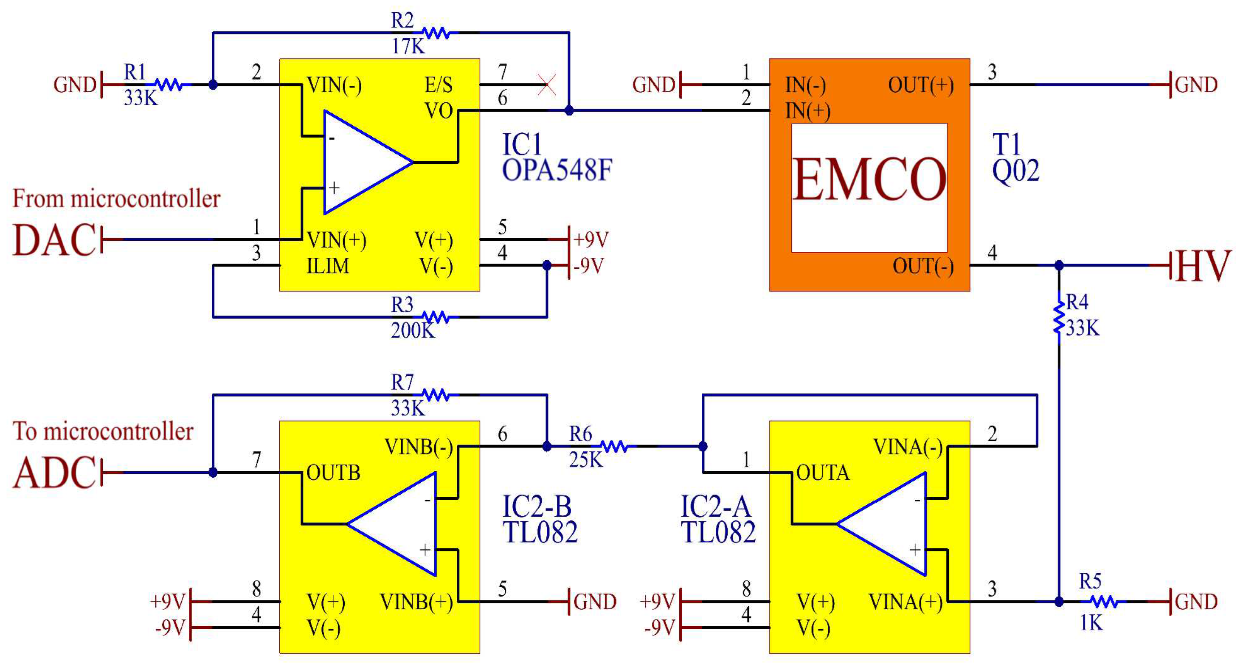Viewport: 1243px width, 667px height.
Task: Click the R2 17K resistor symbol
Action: pyautogui.click(x=435, y=33)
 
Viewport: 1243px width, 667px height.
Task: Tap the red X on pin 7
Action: pyautogui.click(x=547, y=85)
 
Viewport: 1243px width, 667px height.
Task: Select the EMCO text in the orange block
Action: pyautogui.click(x=869, y=180)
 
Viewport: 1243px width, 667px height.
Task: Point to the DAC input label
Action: pyautogui.click(x=54, y=240)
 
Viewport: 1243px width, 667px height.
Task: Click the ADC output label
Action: pyautogui.click(x=54, y=473)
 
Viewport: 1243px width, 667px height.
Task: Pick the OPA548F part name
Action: pyautogui.click(x=557, y=170)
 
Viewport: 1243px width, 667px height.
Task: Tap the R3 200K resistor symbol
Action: pyautogui.click(x=435, y=317)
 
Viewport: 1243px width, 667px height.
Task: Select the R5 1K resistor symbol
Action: pyautogui.click(x=1104, y=602)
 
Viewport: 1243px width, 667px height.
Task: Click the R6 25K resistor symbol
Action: pyautogui.click(x=614, y=447)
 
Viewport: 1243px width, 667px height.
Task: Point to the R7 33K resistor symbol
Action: pyautogui.click(x=435, y=395)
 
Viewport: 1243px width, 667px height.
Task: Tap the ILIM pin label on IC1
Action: pyautogui.click(x=328, y=266)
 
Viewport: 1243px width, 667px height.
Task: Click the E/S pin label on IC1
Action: pyautogui.click(x=438, y=85)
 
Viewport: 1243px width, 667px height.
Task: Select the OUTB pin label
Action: pyautogui.click(x=333, y=473)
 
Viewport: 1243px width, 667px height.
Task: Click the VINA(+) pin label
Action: pyautogui.click(x=905, y=602)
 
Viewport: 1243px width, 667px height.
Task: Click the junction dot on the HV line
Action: pyautogui.click(x=1059, y=265)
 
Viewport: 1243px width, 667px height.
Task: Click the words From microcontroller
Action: pyautogui.click(x=116, y=199)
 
